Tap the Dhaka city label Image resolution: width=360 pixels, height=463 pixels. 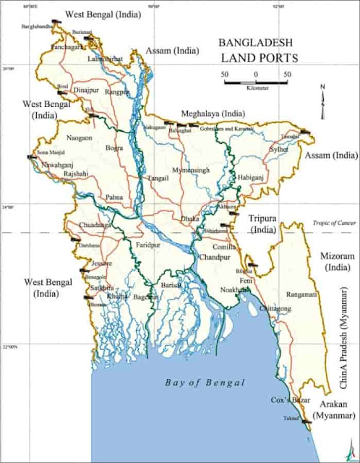point(190,217)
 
